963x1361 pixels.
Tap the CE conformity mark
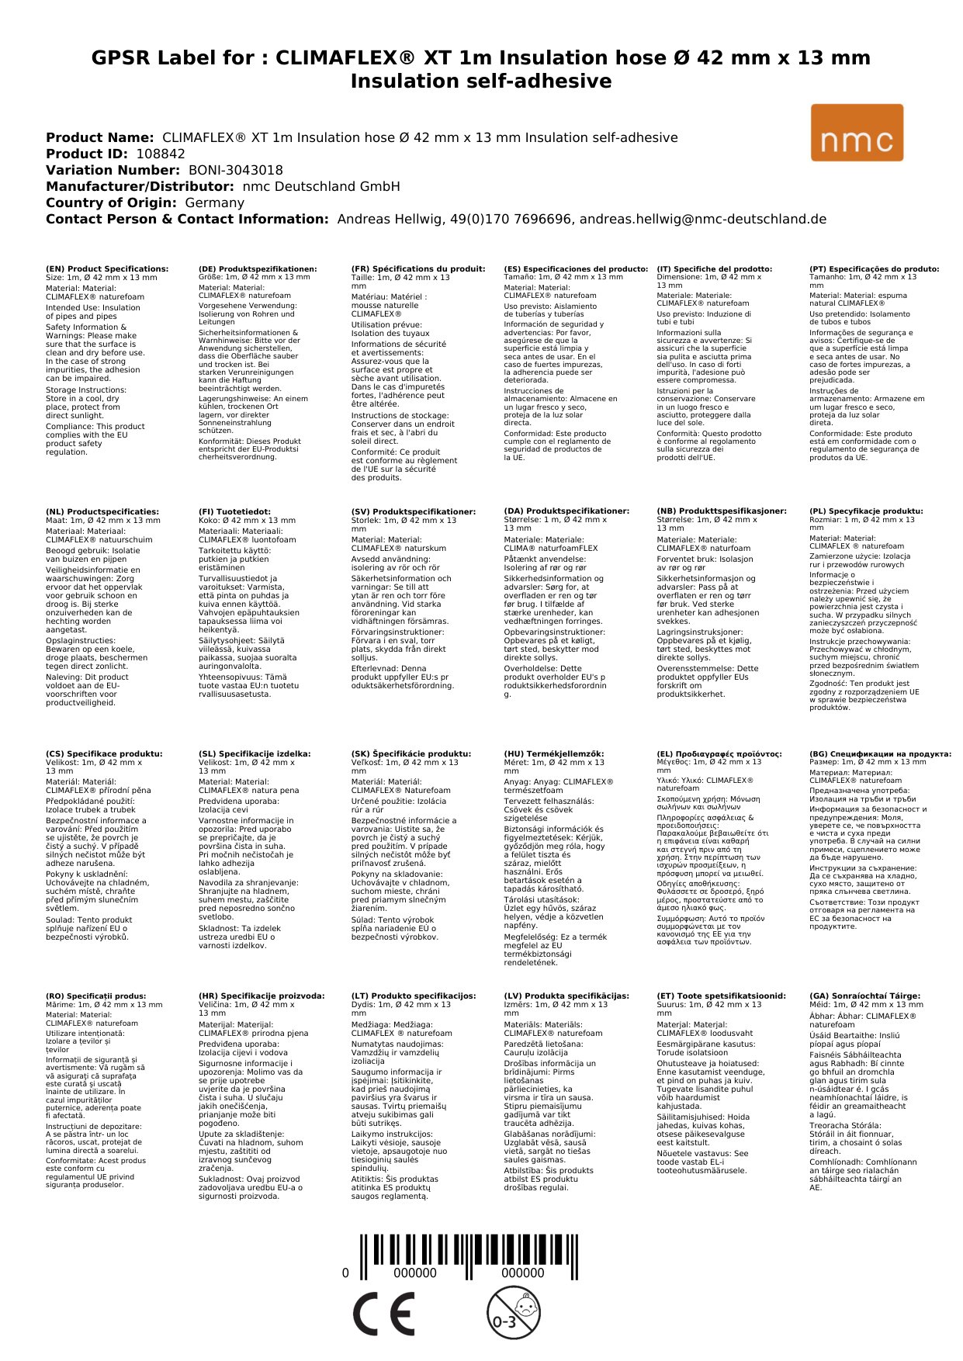(383, 1314)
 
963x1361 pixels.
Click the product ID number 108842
(161, 154)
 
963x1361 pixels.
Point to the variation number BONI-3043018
(236, 170)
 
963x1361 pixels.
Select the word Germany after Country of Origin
(214, 203)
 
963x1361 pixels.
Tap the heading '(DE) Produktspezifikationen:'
(258, 268)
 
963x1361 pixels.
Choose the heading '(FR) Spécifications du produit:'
(418, 268)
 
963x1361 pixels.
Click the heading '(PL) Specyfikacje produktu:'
(866, 511)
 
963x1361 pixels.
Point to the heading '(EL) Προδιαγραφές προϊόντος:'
(719, 753)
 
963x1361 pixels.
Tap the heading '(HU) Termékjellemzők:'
(553, 753)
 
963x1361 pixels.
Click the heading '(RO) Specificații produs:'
(96, 996)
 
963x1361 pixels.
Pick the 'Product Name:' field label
(100, 137)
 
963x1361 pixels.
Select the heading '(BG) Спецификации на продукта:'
(880, 753)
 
